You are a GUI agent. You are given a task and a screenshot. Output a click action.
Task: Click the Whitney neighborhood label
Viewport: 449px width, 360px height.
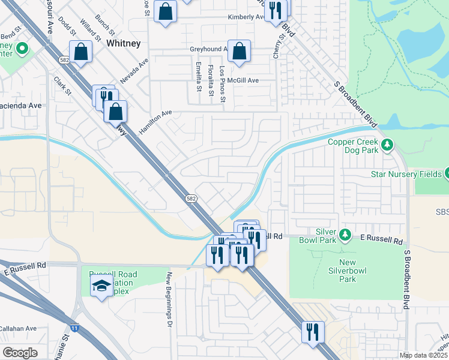pos(123,43)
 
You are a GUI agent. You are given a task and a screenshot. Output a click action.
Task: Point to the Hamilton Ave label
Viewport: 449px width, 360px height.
pos(155,122)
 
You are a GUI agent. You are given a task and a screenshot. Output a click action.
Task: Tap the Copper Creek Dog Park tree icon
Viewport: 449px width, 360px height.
pos(387,144)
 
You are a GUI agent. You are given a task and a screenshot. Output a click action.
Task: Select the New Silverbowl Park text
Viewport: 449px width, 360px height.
pos(347,271)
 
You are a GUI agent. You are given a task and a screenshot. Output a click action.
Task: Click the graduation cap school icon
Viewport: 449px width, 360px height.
pos(101,287)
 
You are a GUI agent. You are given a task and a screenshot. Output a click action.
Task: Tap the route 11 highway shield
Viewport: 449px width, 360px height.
pos(73,328)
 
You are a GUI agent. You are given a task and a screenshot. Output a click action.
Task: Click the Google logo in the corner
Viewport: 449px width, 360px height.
pos(20,353)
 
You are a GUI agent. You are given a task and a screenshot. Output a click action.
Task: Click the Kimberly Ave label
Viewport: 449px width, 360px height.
pos(246,17)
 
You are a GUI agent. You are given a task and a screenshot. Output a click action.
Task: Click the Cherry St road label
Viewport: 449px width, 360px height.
pos(279,47)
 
